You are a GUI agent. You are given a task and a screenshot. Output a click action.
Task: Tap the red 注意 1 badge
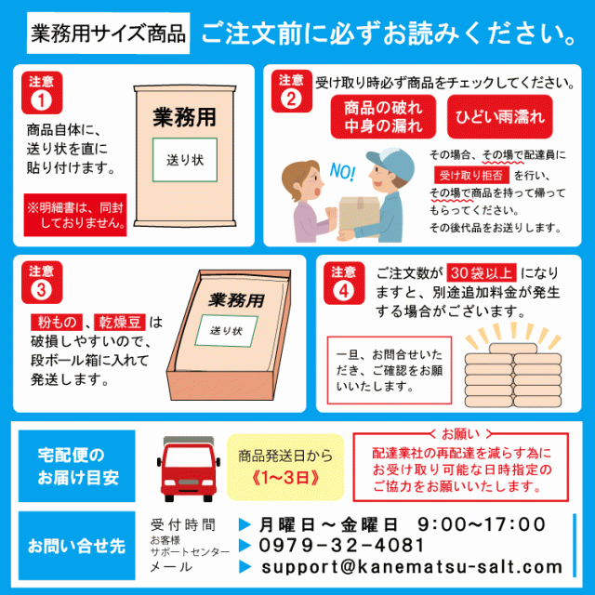coord(41,93)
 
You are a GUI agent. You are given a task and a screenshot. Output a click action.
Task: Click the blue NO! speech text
coord(343,172)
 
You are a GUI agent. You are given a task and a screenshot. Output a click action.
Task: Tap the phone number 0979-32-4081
coord(343,545)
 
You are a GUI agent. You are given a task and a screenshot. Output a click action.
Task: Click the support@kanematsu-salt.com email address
coord(412,567)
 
